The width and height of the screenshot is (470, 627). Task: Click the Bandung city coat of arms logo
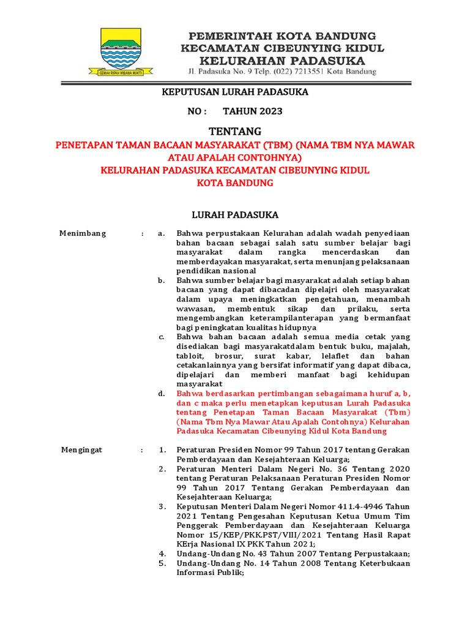tap(120, 49)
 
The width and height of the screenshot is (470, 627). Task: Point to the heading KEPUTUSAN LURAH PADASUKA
tap(234, 92)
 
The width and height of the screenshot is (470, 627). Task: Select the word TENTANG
tap(235, 131)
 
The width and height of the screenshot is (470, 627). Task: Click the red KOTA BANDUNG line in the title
tap(235, 182)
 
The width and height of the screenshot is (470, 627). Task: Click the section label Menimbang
tap(82, 233)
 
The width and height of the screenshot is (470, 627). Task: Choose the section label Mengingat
tap(82, 450)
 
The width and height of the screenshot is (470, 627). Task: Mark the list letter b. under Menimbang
tap(161, 280)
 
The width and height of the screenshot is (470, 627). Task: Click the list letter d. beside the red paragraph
tap(161, 394)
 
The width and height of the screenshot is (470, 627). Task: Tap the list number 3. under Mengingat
tap(162, 507)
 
